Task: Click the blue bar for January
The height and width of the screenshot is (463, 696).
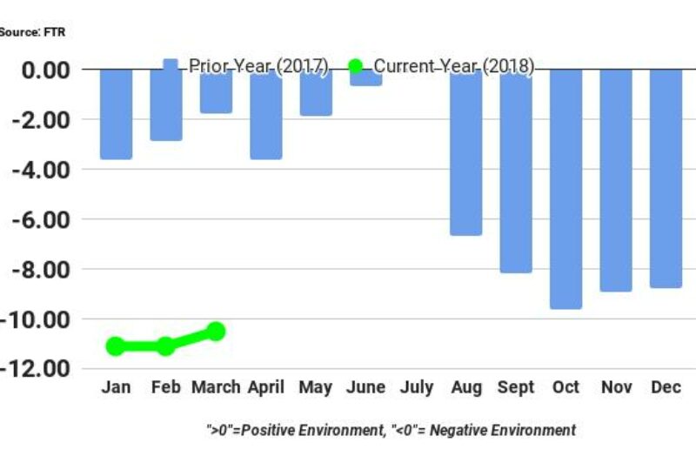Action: [116, 113]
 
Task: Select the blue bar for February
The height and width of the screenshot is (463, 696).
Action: [166, 104]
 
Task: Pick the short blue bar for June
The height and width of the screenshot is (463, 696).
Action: [366, 78]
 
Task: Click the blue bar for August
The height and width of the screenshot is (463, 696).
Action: [465, 152]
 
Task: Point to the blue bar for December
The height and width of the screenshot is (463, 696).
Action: [666, 178]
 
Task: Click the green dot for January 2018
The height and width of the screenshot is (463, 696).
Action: [115, 346]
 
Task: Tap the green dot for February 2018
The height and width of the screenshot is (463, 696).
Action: [165, 346]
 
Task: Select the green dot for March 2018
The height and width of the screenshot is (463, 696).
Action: [216, 331]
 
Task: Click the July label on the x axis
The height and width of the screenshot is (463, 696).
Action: [416, 387]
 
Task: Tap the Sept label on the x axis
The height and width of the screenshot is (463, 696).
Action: [516, 387]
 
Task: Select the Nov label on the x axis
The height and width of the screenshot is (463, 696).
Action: [616, 387]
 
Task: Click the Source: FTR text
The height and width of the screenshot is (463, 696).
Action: [32, 32]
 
